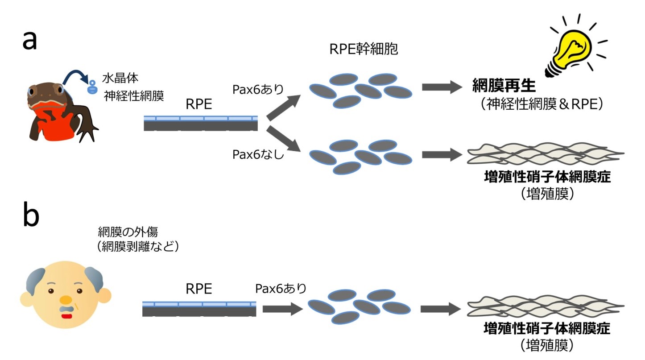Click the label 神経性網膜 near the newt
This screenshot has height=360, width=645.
pos(134,95)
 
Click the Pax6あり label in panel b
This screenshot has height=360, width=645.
pos(281,288)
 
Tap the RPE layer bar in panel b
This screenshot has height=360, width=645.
pos(199,309)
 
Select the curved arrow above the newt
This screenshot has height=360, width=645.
pos(74,79)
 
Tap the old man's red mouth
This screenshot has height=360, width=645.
pos(67,316)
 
